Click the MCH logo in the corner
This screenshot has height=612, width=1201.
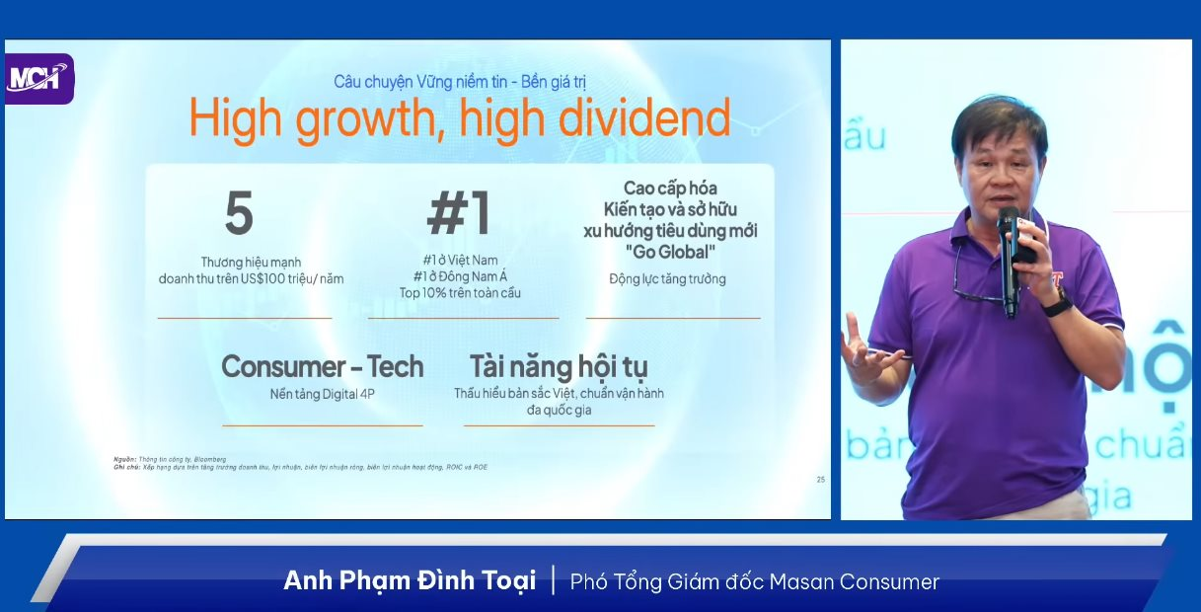38,77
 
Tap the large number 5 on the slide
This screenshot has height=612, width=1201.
239,213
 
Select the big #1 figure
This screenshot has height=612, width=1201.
459,213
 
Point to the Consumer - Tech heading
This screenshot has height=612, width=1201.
323,367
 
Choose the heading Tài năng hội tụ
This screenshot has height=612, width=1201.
559,367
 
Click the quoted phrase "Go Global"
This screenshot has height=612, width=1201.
671,251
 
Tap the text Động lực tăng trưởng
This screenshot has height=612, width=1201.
667,279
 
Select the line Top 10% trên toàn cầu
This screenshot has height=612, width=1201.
460,293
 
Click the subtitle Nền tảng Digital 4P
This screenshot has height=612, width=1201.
323,394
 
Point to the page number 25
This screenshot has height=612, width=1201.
820,480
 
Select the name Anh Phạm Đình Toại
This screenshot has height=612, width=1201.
410,580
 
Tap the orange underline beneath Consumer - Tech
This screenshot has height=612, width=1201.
323,425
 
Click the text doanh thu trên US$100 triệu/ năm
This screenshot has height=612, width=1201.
251,279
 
